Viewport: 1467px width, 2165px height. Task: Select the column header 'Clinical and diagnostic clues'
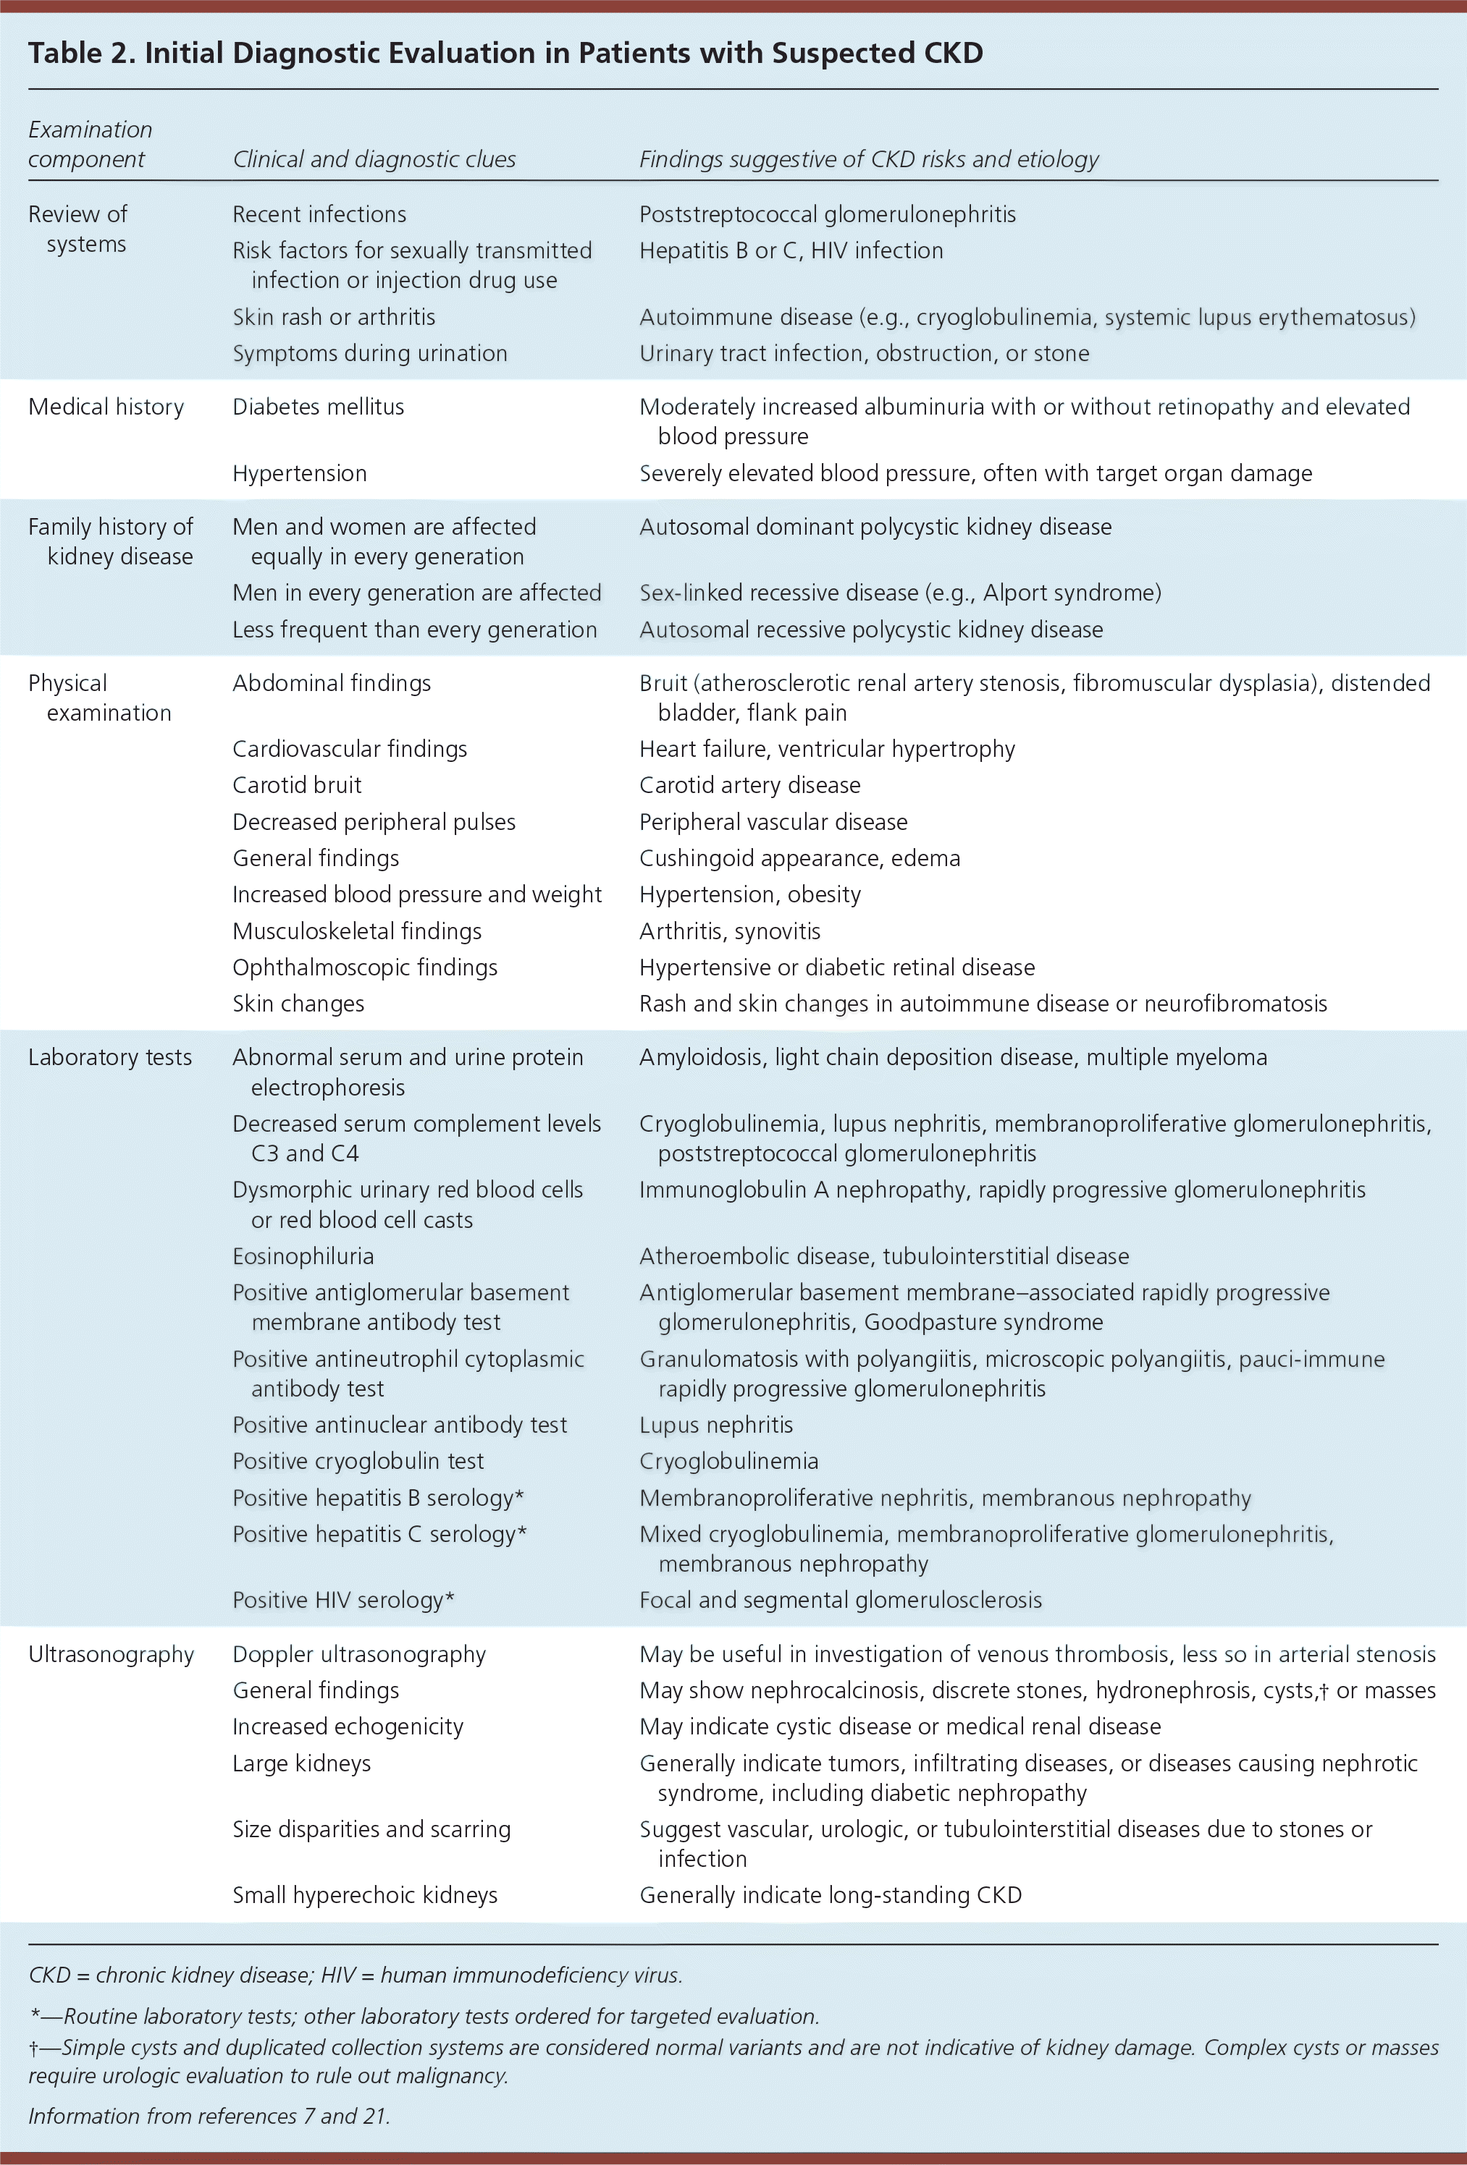coord(374,159)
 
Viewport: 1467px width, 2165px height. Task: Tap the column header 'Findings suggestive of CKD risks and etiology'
coord(869,159)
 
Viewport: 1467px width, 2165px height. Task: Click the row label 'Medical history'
coord(106,407)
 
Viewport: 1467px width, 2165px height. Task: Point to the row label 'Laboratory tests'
coord(110,1057)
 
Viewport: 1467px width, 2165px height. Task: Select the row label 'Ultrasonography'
coord(111,1654)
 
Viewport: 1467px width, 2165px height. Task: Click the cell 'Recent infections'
coord(319,214)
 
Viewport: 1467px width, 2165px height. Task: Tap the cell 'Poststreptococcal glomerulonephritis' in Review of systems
coord(827,214)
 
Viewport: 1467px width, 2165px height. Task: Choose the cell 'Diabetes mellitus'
coord(318,407)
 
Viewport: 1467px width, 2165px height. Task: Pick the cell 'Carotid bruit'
coord(296,785)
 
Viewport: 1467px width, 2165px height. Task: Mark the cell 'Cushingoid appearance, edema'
coord(799,858)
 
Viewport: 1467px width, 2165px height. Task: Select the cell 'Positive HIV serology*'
coord(343,1601)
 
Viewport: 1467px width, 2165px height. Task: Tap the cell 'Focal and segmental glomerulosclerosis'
coord(840,1601)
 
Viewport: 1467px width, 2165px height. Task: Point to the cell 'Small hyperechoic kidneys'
coord(364,1896)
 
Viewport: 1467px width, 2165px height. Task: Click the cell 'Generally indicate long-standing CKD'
coord(830,1896)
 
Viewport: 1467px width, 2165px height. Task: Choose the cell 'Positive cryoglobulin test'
coord(358,1462)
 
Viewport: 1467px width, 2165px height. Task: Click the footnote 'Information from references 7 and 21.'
coord(209,2117)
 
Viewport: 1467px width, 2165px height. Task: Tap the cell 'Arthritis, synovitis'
coord(730,931)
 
